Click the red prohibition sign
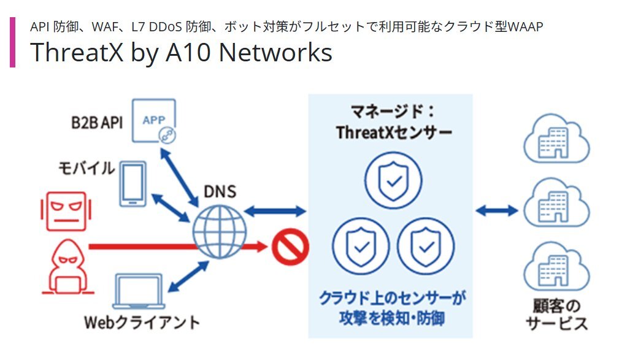pyautogui.click(x=290, y=247)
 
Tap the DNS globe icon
pyautogui.click(x=220, y=232)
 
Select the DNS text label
pyautogui.click(x=220, y=192)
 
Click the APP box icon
pyautogui.click(x=154, y=121)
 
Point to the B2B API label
pyautogui.click(x=97, y=123)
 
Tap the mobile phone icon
pyautogui.click(x=133, y=183)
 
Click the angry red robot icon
pyautogui.click(x=66, y=212)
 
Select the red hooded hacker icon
pyautogui.click(x=68, y=266)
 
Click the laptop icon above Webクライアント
pyautogui.click(x=139, y=291)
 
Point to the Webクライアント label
pyautogui.click(x=142, y=323)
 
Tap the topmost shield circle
pyautogui.click(x=394, y=181)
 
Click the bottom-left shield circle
pyautogui.click(x=361, y=246)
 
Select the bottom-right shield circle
pyautogui.click(x=426, y=246)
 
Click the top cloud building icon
pyautogui.click(x=556, y=139)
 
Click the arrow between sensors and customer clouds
pyautogui.click(x=497, y=210)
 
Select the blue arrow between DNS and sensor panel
pyautogui.click(x=275, y=211)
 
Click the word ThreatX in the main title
pyautogui.click(x=77, y=52)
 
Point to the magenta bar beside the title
pyautogui.click(x=12, y=42)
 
